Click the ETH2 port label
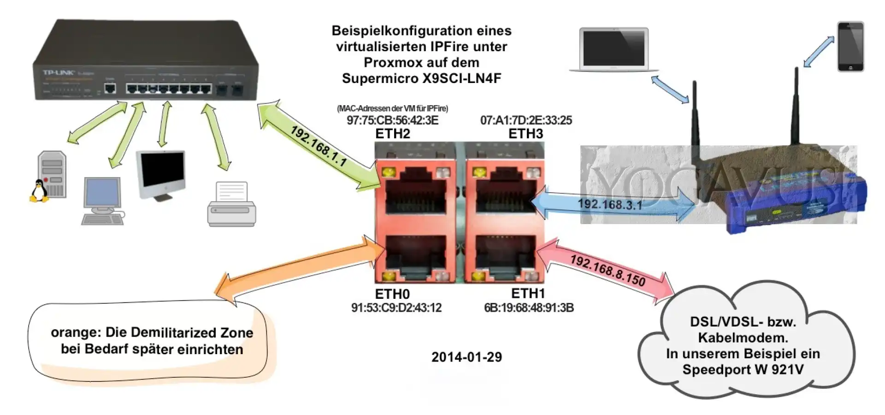393,134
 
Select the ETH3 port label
525,134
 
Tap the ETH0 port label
392,294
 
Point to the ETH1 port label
528,293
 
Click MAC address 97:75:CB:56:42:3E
393,120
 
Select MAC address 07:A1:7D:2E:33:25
526,120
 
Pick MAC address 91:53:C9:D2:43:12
396,308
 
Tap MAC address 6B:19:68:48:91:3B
529,308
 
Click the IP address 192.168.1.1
319,146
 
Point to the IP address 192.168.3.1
610,204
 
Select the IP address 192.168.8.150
608,270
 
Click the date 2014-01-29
466,357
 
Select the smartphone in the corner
850,47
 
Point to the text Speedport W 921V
743,369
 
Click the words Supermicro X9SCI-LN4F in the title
421,78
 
